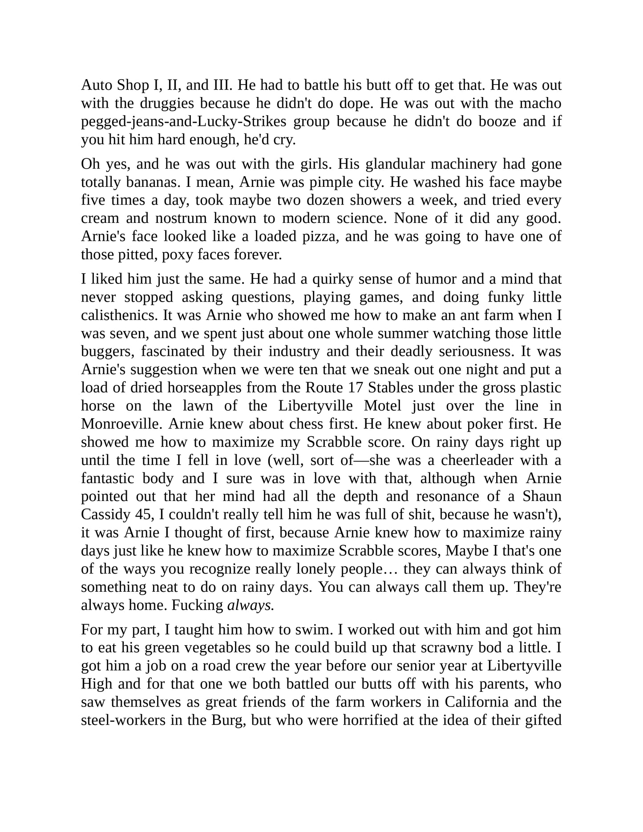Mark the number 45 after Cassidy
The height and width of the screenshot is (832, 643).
coord(143,514)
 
